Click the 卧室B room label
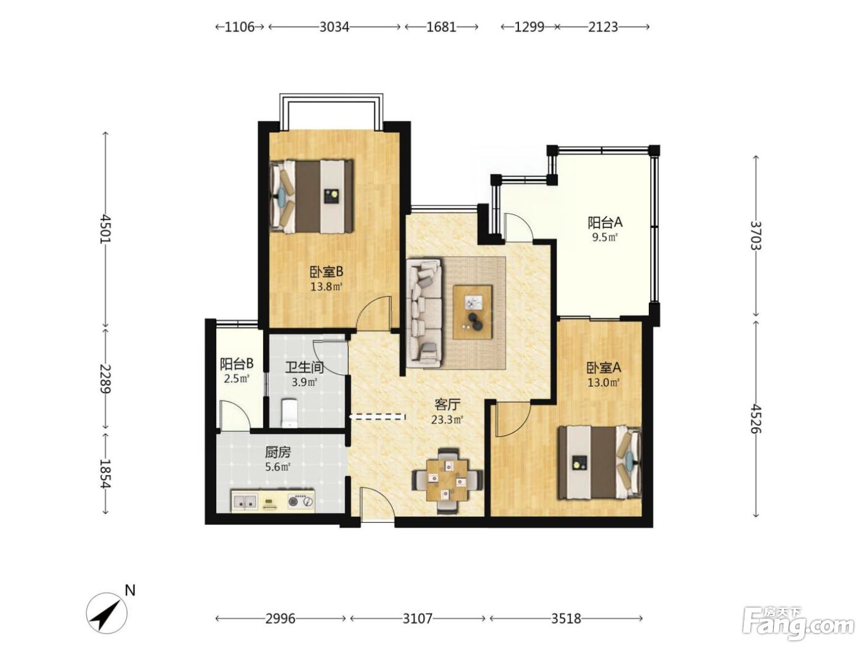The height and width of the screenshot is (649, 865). tap(327, 272)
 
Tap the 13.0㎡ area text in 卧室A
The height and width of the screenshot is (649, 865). tap(603, 383)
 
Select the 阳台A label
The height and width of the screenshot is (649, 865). tap(605, 223)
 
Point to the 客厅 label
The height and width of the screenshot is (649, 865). tap(447, 405)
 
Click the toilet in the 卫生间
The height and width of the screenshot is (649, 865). tap(290, 412)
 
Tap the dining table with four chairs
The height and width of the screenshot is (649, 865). tap(447, 480)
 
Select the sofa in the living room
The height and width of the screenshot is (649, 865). tap(425, 313)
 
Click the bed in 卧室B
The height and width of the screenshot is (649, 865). tap(311, 197)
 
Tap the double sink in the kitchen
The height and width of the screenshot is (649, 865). tap(244, 502)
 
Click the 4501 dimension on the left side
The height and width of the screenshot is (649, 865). tap(106, 229)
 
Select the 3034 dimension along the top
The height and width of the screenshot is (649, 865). tap(334, 27)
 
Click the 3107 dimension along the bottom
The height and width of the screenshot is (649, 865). tap(418, 618)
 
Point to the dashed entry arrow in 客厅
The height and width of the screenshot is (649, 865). tap(377, 417)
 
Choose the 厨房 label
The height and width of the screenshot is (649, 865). tap(278, 452)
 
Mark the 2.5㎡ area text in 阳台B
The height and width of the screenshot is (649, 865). tap(237, 379)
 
